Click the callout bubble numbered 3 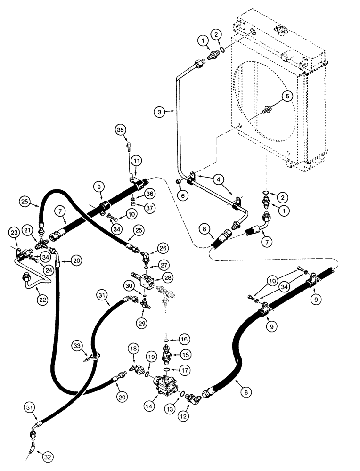[160, 112]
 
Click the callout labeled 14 [152, 403]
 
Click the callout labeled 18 [134, 348]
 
